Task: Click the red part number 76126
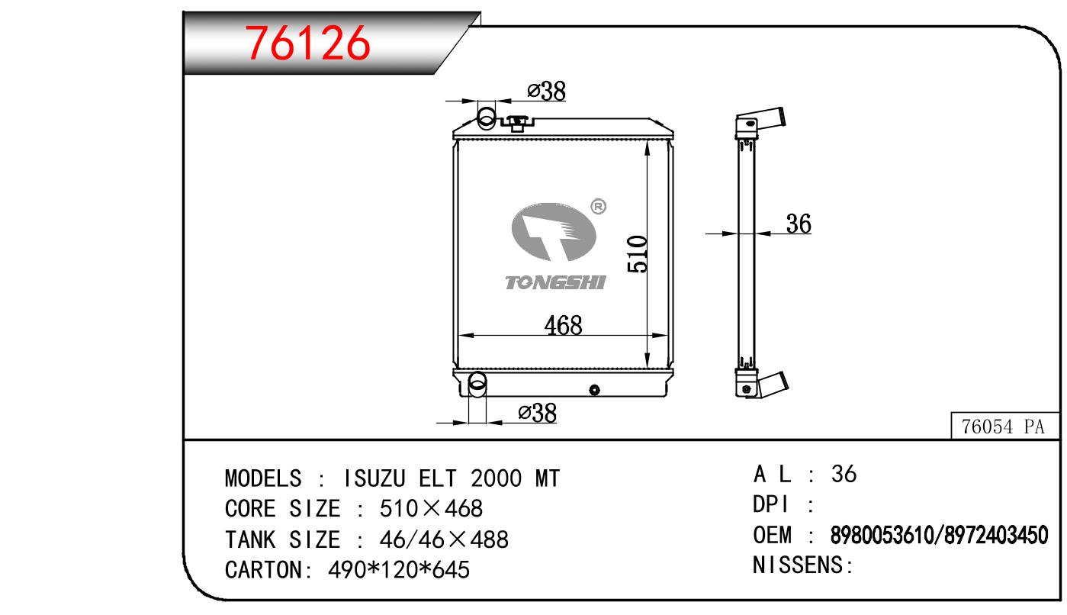coord(307,43)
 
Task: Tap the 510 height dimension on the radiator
coord(638,254)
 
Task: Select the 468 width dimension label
coord(563,325)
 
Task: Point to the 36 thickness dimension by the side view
coord(799,224)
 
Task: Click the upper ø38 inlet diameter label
coord(546,91)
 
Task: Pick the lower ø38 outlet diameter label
coord(537,413)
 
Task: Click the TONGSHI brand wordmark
coord(555,282)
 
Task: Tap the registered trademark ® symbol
coord(598,206)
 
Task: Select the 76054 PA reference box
coord(1004,426)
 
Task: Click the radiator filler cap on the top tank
coord(516,123)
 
